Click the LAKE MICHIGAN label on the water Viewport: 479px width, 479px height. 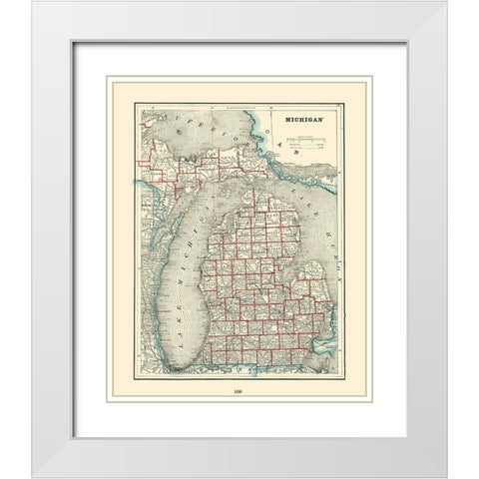coord(186,279)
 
